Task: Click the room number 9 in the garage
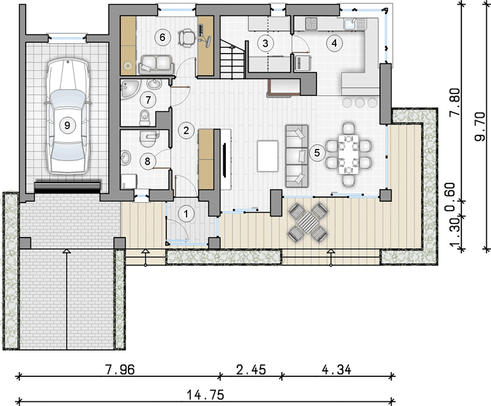(67, 126)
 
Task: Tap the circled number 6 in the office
(162, 37)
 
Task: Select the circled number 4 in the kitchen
(334, 43)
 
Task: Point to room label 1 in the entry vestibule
(186, 215)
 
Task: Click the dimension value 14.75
(206, 395)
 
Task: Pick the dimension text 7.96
(120, 369)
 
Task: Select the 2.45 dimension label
(251, 369)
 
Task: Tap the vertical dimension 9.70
(480, 127)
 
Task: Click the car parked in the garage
(67, 116)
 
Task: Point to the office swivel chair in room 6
(187, 38)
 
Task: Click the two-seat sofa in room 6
(156, 65)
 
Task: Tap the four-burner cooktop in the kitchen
(311, 23)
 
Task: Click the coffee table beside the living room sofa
(268, 156)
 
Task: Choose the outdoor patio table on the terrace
(308, 223)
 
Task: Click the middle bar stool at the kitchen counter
(360, 102)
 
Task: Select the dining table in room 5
(348, 154)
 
